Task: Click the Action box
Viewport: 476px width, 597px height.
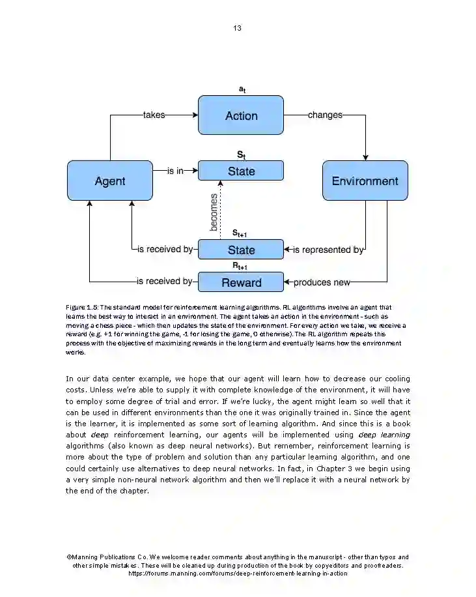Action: (241, 115)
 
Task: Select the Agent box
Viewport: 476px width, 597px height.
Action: (110, 181)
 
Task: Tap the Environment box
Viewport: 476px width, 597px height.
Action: (365, 181)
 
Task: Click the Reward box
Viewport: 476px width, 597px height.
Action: (241, 282)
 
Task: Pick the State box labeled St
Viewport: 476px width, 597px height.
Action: (241, 171)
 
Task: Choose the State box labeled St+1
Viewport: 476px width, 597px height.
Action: (241, 250)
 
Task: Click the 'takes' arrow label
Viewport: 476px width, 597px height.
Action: (154, 115)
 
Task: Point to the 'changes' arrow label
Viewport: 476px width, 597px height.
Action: (325, 115)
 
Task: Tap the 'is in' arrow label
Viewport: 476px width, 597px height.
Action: (175, 171)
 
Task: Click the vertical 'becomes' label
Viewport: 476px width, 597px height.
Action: (214, 211)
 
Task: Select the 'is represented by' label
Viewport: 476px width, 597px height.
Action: (328, 250)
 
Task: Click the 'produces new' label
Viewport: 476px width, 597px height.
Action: (322, 282)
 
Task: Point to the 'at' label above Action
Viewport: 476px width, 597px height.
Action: (242, 89)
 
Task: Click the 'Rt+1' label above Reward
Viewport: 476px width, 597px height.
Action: (240, 266)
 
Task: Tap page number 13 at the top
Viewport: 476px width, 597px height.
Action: (237, 28)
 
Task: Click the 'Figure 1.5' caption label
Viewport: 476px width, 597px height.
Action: (81, 307)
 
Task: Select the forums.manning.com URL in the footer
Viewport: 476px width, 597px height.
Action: (238, 574)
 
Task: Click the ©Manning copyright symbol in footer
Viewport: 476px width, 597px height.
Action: (69, 557)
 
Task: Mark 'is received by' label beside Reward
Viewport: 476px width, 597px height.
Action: (165, 282)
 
